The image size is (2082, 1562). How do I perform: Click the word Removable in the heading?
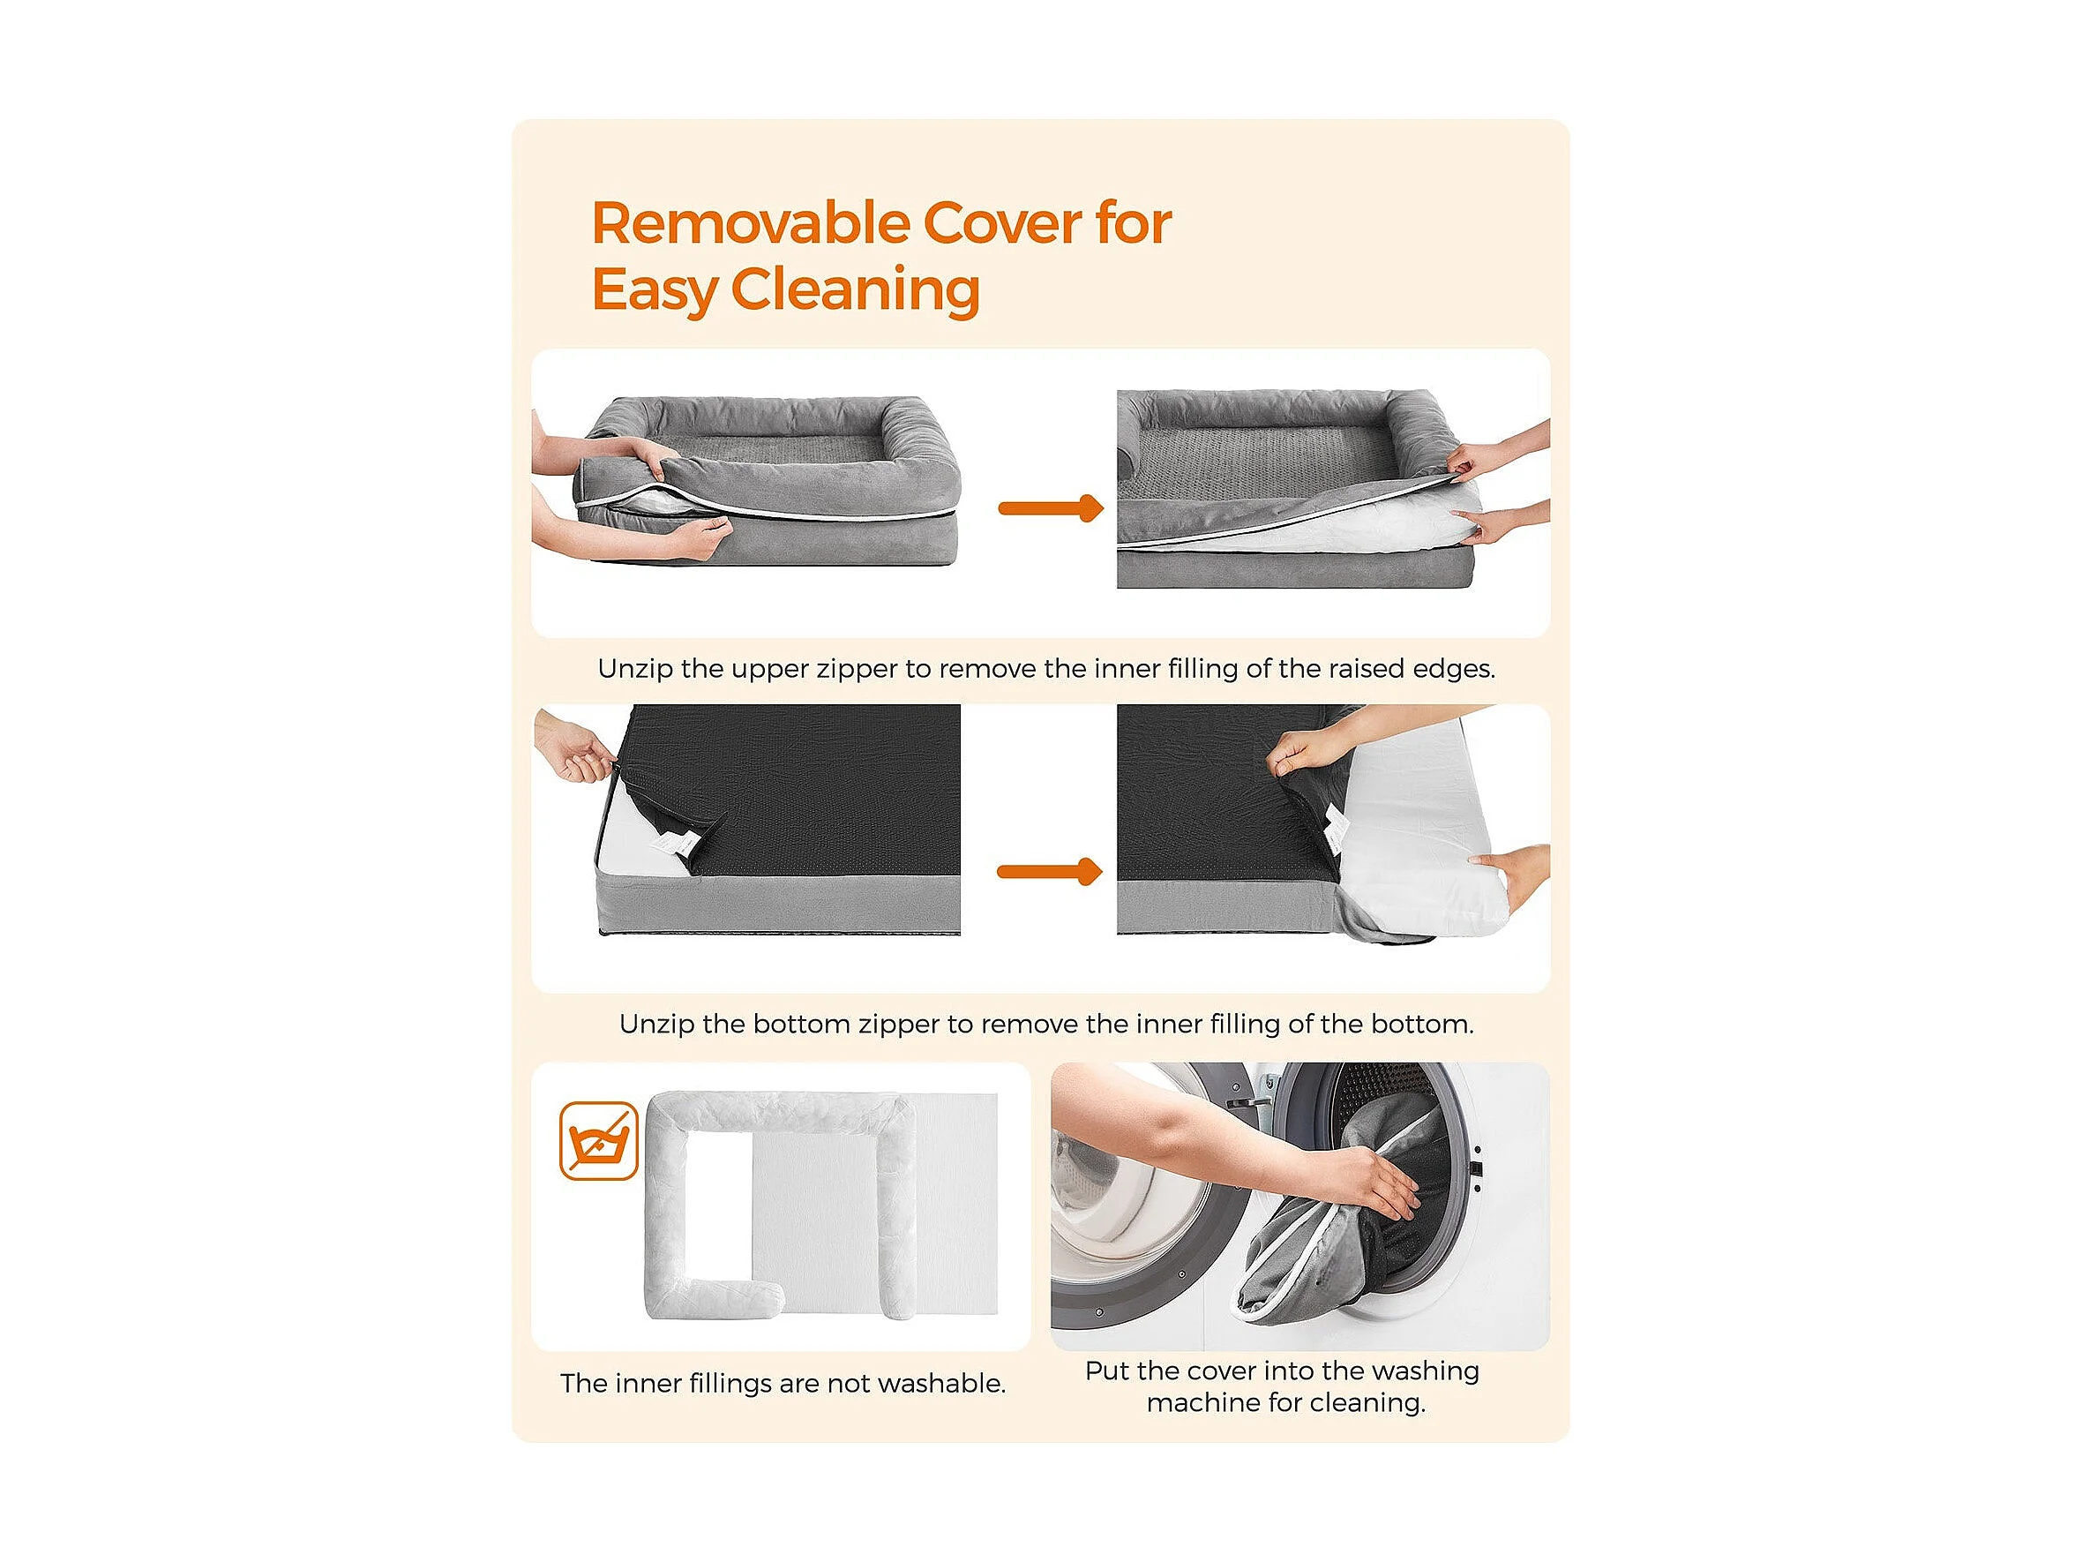point(751,223)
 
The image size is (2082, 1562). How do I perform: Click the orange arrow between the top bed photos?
point(1051,508)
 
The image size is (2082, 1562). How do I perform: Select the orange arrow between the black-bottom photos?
point(1050,872)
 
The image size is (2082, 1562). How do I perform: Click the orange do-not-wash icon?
point(599,1141)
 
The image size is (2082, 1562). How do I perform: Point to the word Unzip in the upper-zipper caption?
point(634,669)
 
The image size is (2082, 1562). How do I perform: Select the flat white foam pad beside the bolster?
point(875,1205)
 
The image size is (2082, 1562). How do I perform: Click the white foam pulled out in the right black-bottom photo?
point(1421,847)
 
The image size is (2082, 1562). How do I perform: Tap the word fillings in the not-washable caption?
point(730,1383)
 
